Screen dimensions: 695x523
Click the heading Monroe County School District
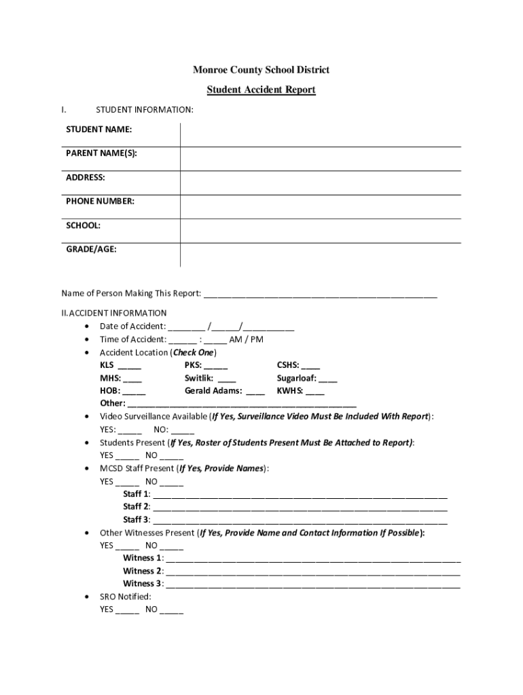coord(261,70)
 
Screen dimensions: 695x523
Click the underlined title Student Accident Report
coord(261,90)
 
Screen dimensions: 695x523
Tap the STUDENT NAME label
coord(99,129)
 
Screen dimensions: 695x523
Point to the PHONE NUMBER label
coord(100,201)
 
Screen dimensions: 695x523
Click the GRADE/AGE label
coord(91,249)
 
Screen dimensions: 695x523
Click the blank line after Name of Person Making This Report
coord(320,295)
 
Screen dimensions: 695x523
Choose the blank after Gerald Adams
coord(255,392)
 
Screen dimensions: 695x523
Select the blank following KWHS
coord(315,392)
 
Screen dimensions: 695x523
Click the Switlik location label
coord(199,378)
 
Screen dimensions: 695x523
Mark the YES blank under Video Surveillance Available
coord(130,430)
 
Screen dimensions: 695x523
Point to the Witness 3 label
coord(143,584)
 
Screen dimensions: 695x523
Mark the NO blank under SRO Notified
coord(172,610)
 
